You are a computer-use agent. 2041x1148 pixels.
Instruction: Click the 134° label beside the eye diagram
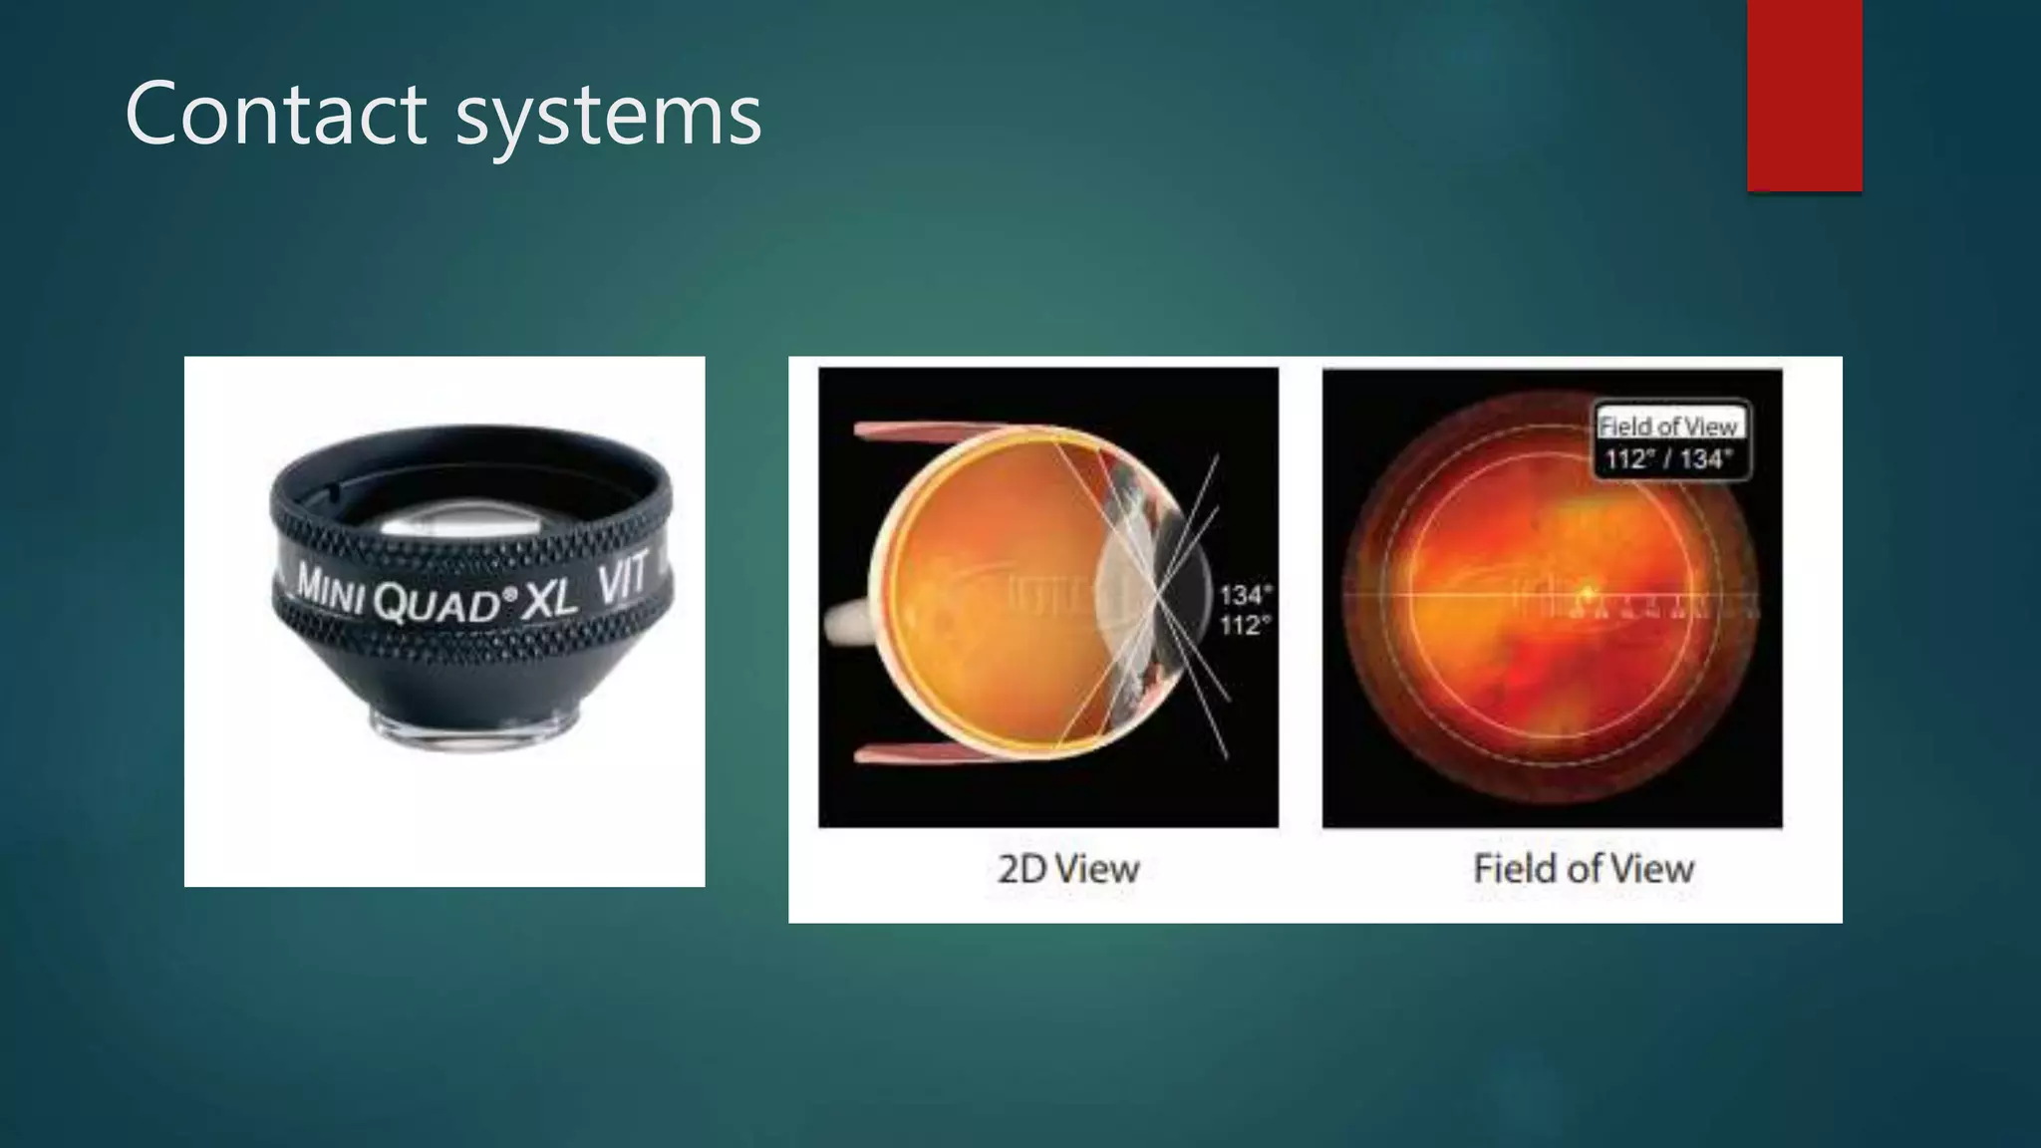[x=1245, y=595]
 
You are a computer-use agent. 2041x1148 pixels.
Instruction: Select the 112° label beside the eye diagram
[x=1245, y=626]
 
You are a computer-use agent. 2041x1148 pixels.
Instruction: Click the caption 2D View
[x=1067, y=869]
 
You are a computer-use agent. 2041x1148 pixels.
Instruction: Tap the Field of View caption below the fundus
[x=1583, y=869]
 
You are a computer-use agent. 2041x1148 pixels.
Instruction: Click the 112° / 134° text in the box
[x=1668, y=459]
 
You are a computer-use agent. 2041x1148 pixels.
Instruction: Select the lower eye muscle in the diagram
[x=927, y=753]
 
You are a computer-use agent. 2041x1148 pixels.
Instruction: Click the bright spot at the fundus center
[x=1586, y=594]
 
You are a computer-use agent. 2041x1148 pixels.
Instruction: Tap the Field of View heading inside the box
[x=1668, y=427]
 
